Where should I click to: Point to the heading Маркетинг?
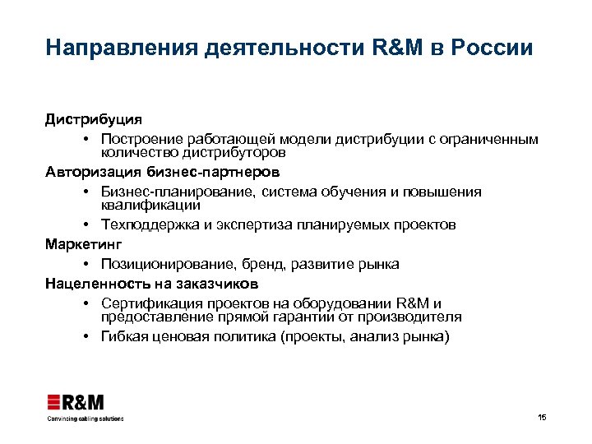click(83, 244)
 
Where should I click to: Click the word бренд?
click(266, 264)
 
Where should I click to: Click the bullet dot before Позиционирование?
click(86, 264)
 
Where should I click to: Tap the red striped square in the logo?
click(53, 402)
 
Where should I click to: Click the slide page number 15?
click(541, 418)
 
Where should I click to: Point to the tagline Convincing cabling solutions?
click(85, 419)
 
